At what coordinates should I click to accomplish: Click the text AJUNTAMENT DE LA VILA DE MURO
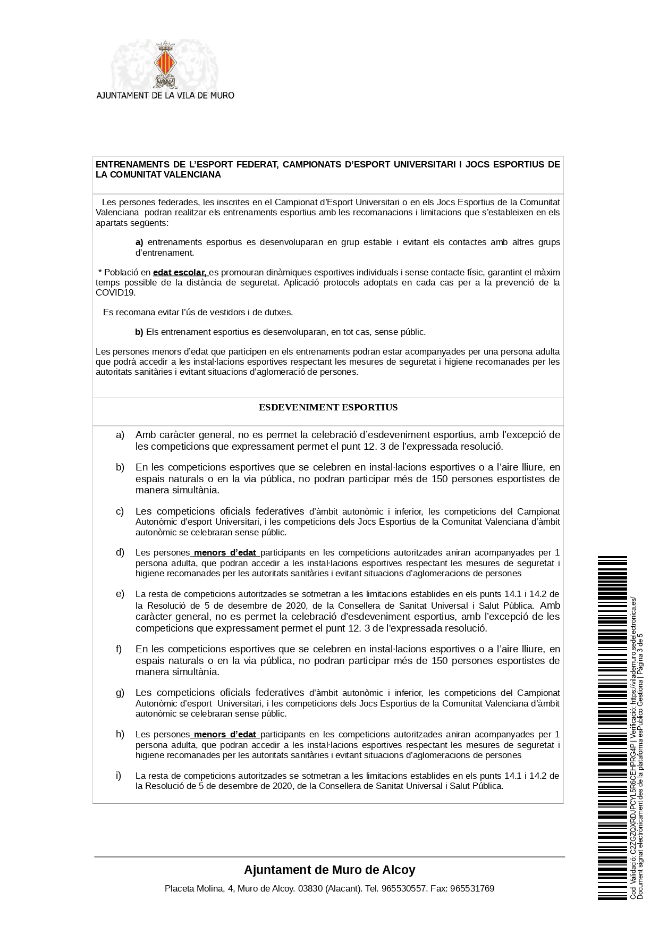[x=165, y=96]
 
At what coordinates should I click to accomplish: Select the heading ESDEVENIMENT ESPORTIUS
[x=328, y=408]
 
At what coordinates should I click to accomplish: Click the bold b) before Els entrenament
[x=139, y=332]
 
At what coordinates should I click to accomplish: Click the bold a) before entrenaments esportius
[x=139, y=242]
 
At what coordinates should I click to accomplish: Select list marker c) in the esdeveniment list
[x=120, y=511]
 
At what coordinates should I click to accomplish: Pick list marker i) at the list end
[x=119, y=776]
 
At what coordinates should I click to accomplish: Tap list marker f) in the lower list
[x=119, y=649]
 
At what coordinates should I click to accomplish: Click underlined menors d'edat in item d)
[x=225, y=552]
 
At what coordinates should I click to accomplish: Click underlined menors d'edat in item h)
[x=225, y=734]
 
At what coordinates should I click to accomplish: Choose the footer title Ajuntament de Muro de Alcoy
[x=329, y=870]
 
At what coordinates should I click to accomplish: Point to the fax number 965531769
[x=472, y=888]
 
